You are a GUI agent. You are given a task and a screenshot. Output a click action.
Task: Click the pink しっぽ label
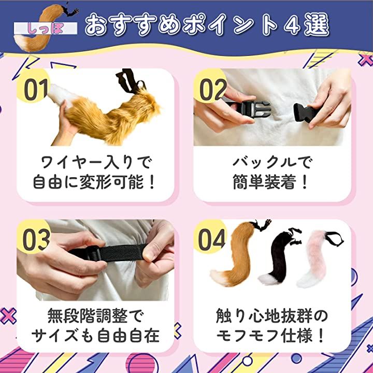pyautogui.click(x=46, y=28)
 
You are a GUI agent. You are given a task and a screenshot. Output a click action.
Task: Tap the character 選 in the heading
pyautogui.click(x=317, y=24)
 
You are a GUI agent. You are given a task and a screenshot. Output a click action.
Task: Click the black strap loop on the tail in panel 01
pyautogui.click(x=130, y=81)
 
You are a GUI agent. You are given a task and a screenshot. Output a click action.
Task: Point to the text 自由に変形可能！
pyautogui.click(x=95, y=182)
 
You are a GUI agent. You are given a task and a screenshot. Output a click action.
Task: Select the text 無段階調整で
pyautogui.click(x=95, y=315)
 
